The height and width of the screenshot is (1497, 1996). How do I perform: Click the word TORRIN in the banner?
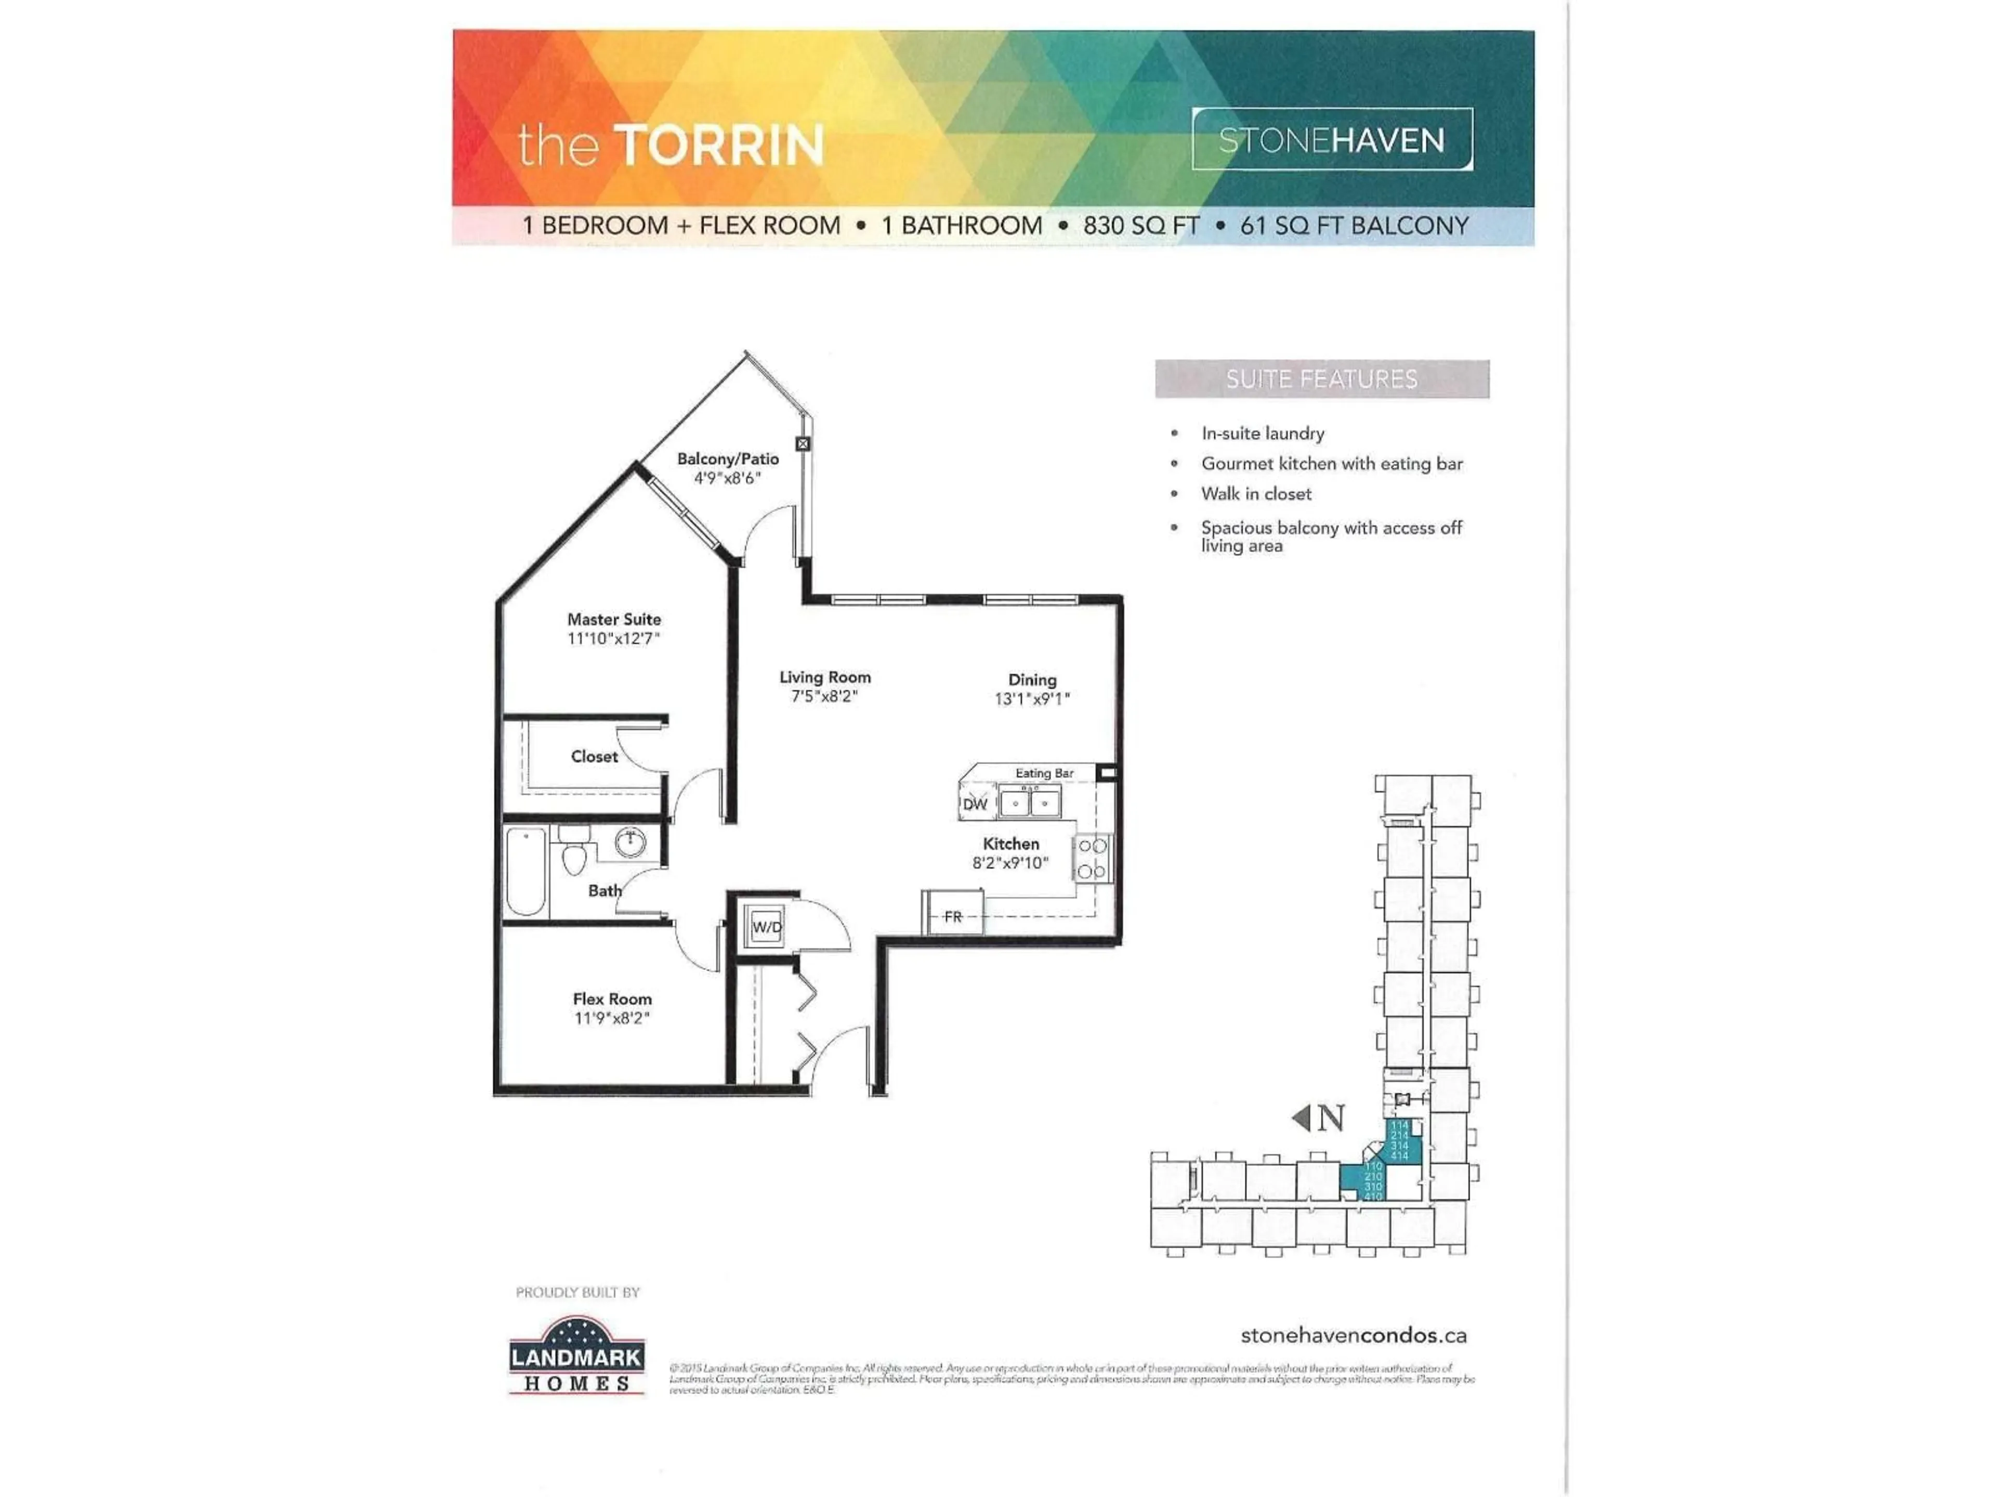719,145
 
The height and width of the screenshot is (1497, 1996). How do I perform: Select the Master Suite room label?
613,619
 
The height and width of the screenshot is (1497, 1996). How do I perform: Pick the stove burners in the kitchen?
1092,858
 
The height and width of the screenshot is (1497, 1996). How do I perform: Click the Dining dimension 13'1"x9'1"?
1031,699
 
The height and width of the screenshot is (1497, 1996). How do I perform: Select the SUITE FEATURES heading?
1321,379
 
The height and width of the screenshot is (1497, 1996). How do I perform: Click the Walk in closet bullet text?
1255,494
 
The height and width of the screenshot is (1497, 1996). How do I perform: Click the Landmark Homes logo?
576,1356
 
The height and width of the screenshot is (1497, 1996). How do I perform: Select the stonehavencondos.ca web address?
1352,1335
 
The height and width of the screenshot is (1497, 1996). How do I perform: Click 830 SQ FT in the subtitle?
1140,226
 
